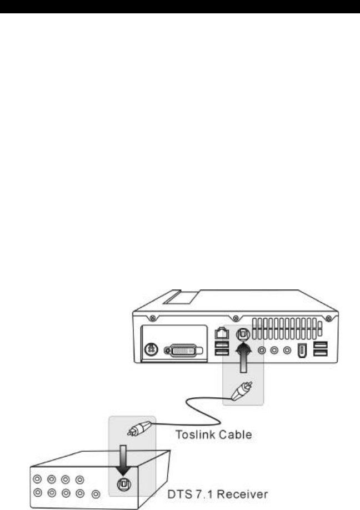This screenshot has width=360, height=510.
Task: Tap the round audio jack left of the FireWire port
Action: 287,351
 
